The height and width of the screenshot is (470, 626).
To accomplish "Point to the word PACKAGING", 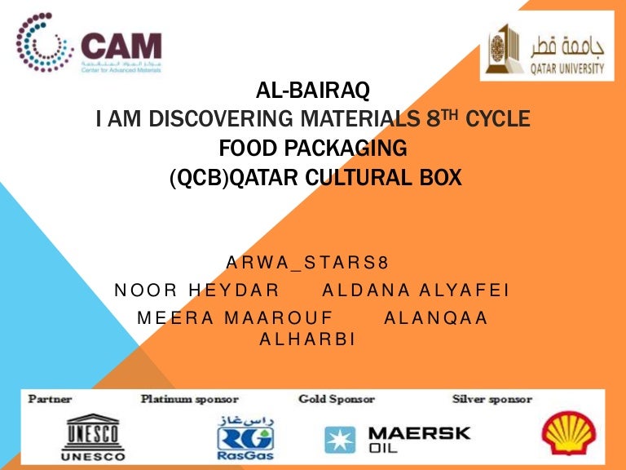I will coord(355,149).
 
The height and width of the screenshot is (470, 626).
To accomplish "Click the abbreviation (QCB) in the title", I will coord(199,175).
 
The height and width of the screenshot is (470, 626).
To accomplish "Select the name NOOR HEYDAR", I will coord(197,290).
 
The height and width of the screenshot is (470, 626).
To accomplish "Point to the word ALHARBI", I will coord(307,339).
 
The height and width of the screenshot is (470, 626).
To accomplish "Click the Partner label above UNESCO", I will coord(51,399).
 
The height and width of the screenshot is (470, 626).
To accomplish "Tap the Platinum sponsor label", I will coord(189,399).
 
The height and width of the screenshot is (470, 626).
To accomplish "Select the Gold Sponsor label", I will coord(336,399).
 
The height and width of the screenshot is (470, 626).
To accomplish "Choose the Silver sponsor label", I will coord(492,399).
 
